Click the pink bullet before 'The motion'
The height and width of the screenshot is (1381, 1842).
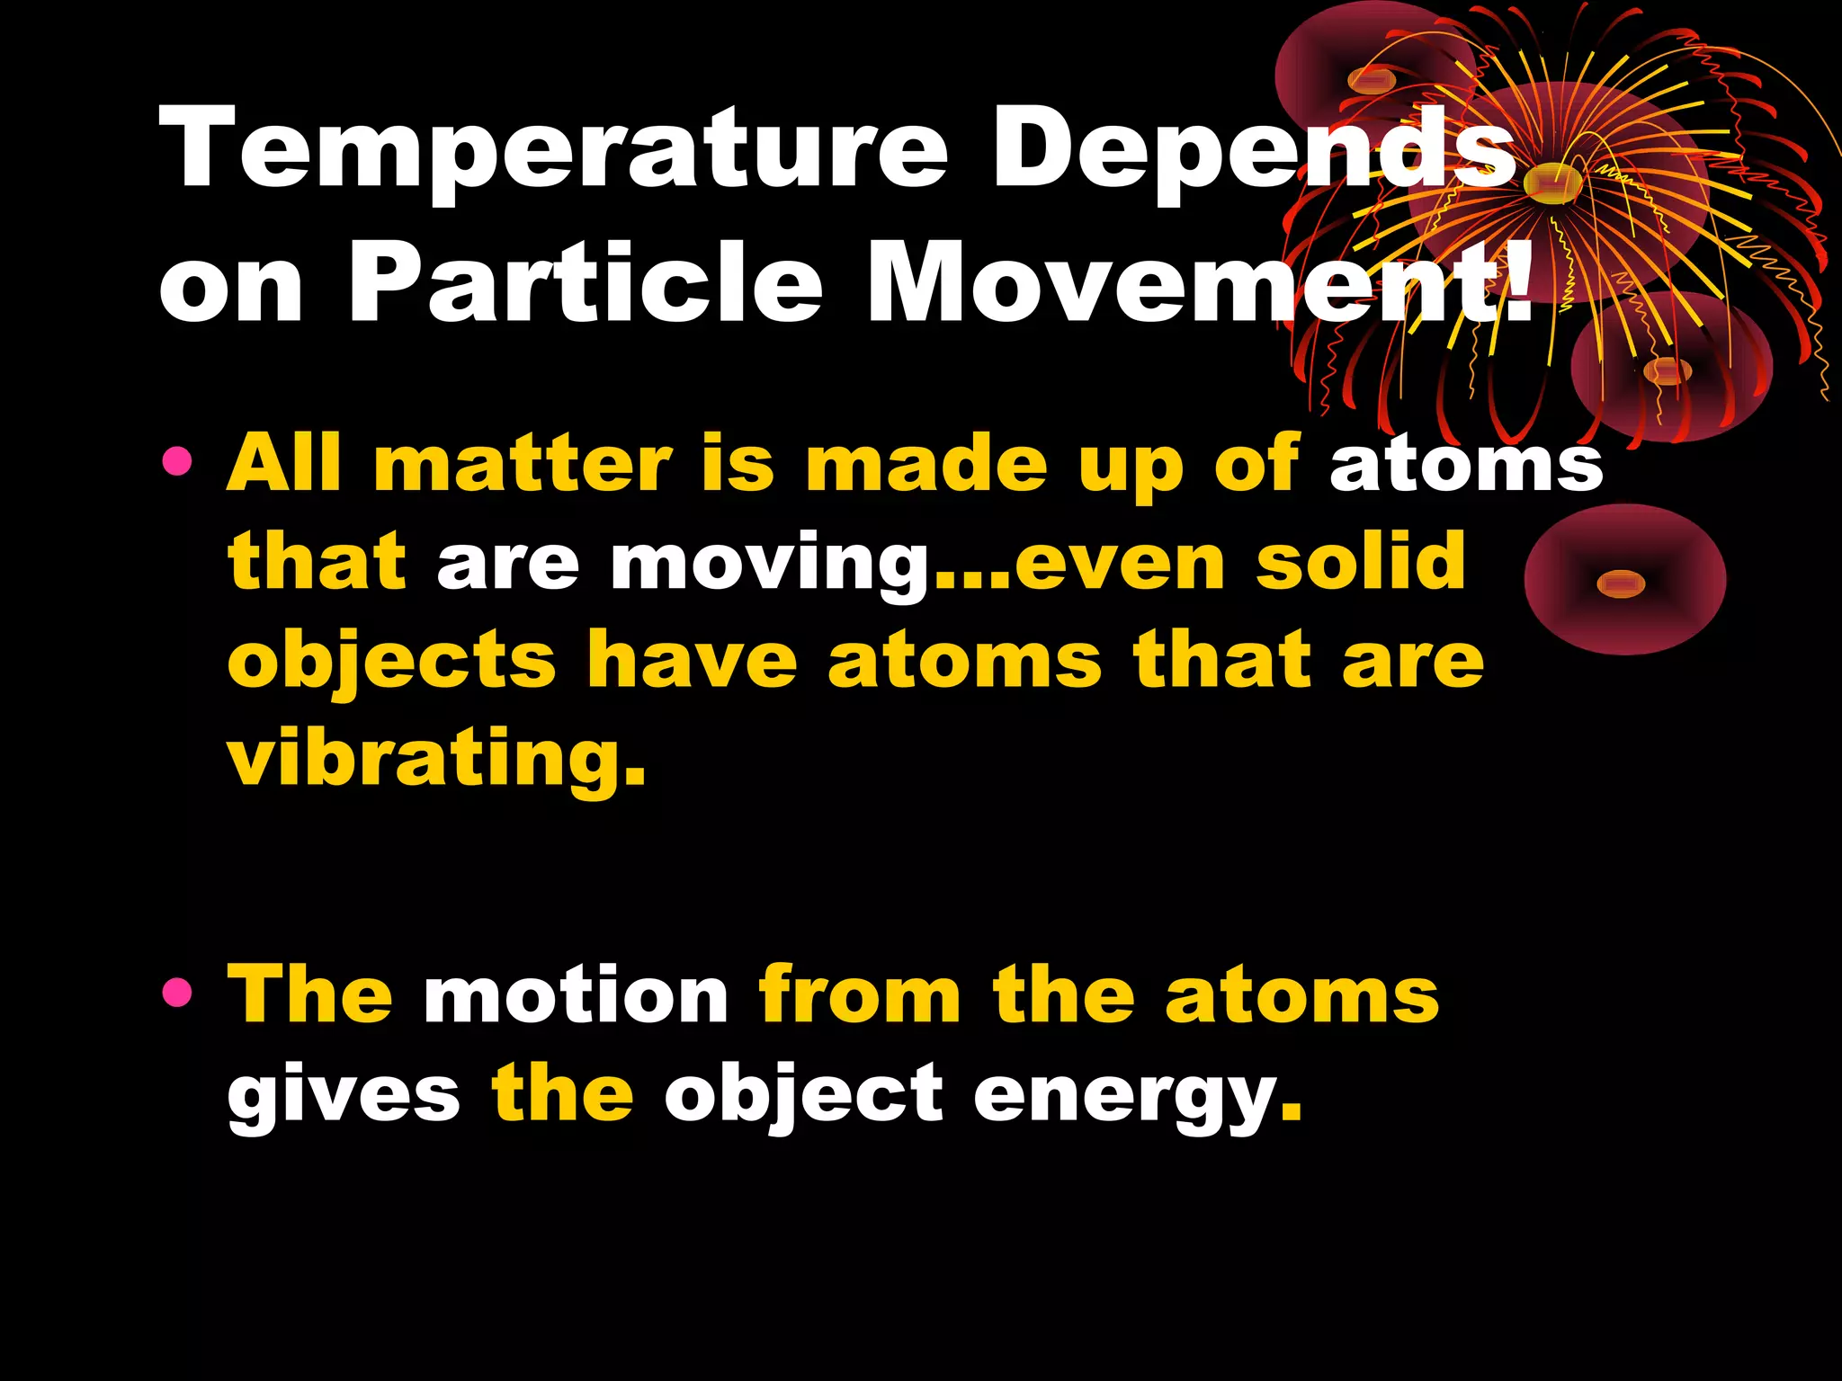[177, 993]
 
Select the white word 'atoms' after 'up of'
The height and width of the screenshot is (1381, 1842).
[1466, 465]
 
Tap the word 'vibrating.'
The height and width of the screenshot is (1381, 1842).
[436, 760]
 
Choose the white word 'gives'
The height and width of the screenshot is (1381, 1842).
[344, 1095]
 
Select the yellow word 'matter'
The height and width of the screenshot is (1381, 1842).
[523, 465]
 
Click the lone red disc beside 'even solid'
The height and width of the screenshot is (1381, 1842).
[1624, 580]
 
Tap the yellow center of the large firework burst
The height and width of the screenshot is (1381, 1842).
[1553, 183]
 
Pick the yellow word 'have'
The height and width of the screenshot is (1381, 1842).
[692, 661]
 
